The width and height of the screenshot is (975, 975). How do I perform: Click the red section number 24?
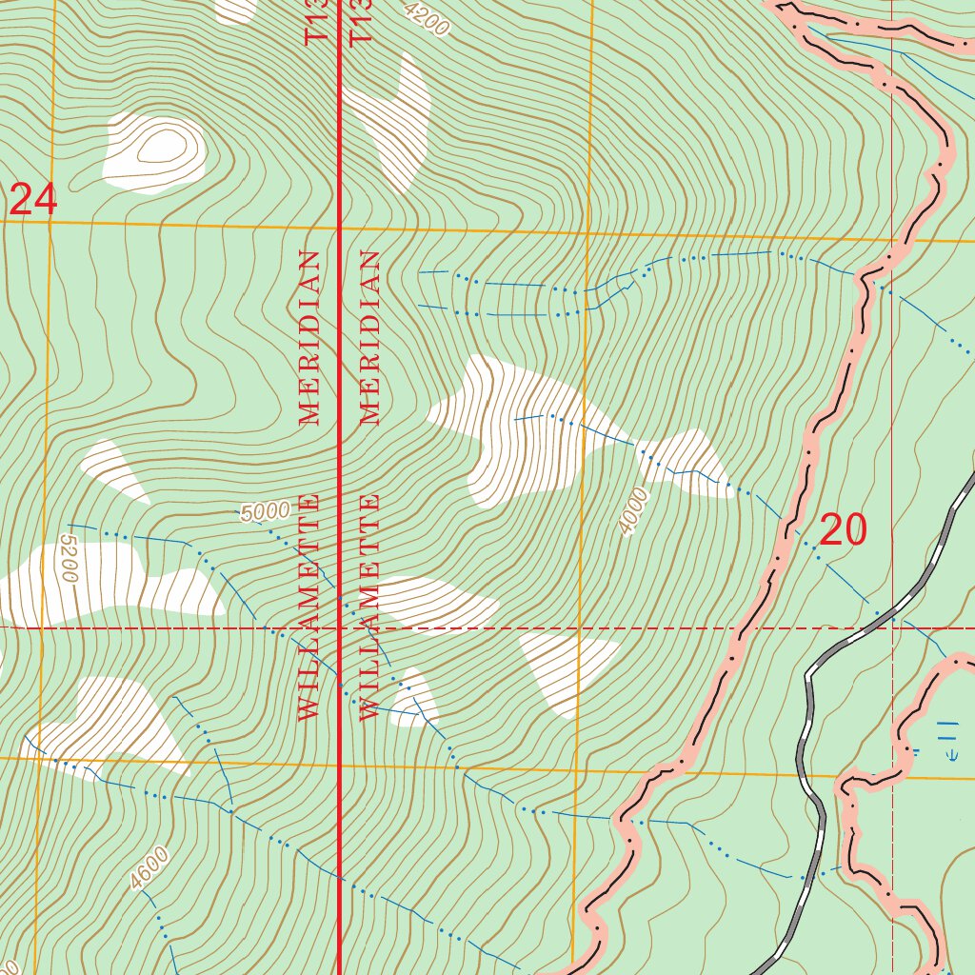[33, 201]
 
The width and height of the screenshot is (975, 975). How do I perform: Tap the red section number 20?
[843, 530]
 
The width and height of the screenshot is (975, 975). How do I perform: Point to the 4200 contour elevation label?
[426, 19]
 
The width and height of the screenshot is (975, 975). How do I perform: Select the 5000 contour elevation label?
[265, 512]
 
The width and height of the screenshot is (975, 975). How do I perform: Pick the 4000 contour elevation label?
[633, 511]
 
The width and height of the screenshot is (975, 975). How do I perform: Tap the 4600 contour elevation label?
[150, 868]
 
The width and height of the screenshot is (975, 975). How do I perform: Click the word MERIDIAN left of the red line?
[308, 337]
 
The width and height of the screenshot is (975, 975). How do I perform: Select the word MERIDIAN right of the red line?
[369, 337]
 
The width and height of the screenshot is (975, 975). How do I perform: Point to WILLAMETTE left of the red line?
[308, 607]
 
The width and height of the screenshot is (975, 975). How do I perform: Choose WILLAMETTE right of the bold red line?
[369, 607]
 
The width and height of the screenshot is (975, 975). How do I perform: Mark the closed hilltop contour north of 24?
[159, 148]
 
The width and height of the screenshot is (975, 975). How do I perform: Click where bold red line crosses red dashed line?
[341, 628]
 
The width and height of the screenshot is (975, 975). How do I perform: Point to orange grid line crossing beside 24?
[49, 223]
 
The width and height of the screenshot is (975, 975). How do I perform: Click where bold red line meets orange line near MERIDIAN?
[341, 229]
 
